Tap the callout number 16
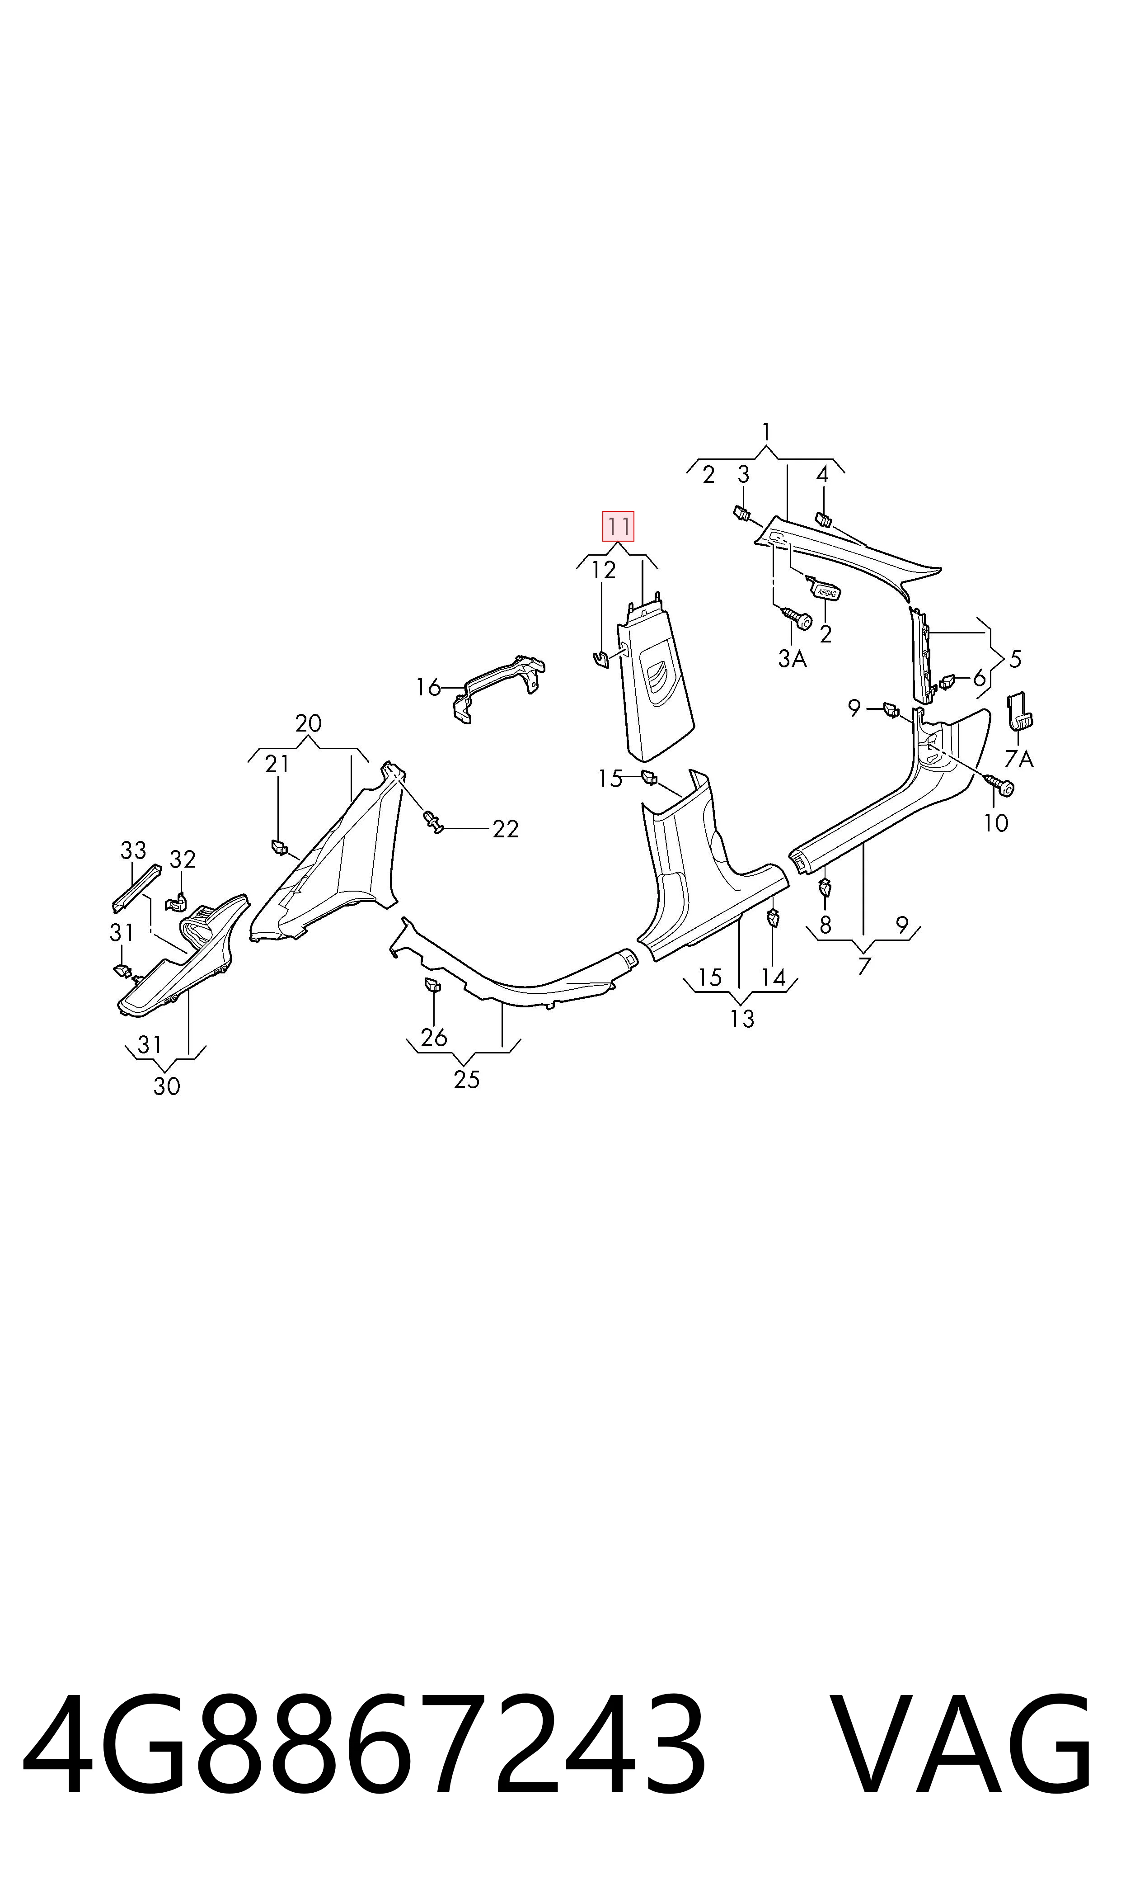tap(428, 688)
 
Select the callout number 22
tap(505, 829)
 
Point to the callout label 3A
tap(793, 659)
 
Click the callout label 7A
tap(1019, 758)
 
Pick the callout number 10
tap(995, 823)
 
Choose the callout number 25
tap(467, 1079)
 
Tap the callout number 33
tap(133, 850)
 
